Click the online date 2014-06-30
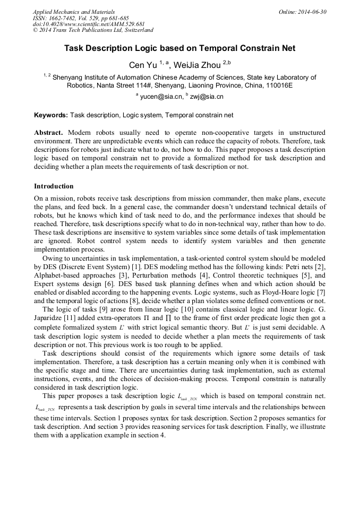click(x=312, y=12)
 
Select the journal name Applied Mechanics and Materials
click(x=74, y=12)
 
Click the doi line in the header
click(x=89, y=24)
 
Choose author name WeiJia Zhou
click(x=201, y=65)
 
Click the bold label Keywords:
click(x=51, y=115)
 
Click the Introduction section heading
click(x=54, y=186)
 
